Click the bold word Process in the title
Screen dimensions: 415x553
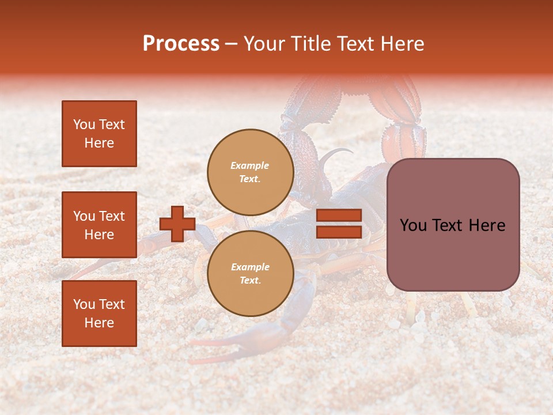[181, 44]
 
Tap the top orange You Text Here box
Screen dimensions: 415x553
[99, 134]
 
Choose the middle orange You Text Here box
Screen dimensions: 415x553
[99, 225]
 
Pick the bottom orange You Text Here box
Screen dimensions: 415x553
[99, 313]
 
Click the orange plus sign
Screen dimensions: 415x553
[177, 224]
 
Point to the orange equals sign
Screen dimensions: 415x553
[339, 224]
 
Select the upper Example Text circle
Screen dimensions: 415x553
[250, 172]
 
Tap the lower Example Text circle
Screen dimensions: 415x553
[250, 274]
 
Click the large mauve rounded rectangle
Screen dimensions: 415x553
[453, 225]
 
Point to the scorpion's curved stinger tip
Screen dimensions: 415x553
[349, 151]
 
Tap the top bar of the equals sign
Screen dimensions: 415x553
[339, 216]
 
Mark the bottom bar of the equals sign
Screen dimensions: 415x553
[339, 232]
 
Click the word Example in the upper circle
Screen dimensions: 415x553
[250, 165]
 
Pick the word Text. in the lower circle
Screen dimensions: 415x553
[250, 281]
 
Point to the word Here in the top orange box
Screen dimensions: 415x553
[99, 143]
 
